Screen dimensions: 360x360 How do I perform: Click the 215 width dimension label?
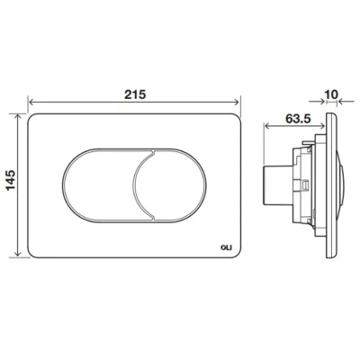[135, 94]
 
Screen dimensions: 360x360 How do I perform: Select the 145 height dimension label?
[11, 180]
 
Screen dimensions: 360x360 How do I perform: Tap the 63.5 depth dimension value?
[298, 119]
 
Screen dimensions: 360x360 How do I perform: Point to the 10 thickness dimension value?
[331, 94]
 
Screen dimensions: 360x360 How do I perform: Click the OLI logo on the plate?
[229, 247]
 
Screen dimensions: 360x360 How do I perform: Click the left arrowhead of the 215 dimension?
[31, 102]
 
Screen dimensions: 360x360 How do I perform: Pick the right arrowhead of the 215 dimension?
[238, 102]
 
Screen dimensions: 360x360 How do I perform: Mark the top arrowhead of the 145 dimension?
[18, 117]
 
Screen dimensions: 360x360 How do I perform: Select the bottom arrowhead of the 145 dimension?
[18, 254]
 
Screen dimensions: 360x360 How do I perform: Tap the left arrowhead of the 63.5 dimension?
[266, 126]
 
